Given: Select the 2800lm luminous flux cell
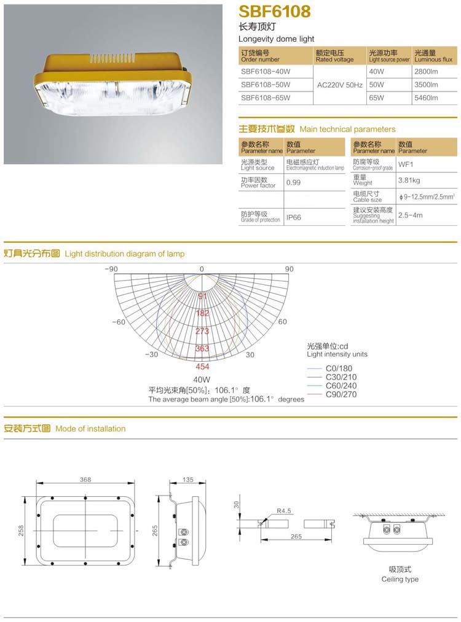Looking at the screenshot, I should coord(426,72).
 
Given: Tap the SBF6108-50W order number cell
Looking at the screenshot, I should coord(266,85).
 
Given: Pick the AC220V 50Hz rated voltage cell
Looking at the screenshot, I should coord(339,85).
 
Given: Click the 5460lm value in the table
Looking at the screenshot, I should coord(426,97).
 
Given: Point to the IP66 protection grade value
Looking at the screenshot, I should coord(293,217).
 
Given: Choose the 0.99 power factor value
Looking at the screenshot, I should coord(293,182).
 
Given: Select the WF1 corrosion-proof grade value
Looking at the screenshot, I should coord(406,165).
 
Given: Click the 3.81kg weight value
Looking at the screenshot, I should coord(409,181).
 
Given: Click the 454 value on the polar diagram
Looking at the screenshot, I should coord(202,367).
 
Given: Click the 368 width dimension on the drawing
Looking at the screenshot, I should coord(85,480).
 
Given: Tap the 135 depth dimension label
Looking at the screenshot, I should coord(188,480).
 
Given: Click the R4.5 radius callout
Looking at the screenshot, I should coord(283,510).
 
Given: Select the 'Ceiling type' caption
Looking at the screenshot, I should coord(400,579).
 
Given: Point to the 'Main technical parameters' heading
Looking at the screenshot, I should coord(347,130).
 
